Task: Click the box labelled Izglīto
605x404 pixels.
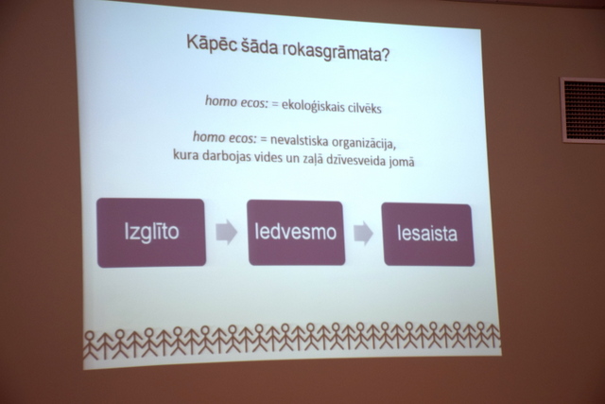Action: pos(151,233)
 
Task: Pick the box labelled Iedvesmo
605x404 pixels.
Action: pos(296,233)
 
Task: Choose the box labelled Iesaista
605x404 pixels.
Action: pos(428,235)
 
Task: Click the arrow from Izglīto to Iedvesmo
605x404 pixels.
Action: pos(226,232)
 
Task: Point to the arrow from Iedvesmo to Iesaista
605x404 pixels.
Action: pos(363,233)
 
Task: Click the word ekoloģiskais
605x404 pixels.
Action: pos(313,105)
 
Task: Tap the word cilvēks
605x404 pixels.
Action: pos(365,108)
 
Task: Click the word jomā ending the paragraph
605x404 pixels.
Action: pos(402,161)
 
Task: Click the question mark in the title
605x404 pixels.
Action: pos(385,55)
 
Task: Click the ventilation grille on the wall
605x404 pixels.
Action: pos(582,110)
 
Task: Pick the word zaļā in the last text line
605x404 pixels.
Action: pos(312,159)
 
